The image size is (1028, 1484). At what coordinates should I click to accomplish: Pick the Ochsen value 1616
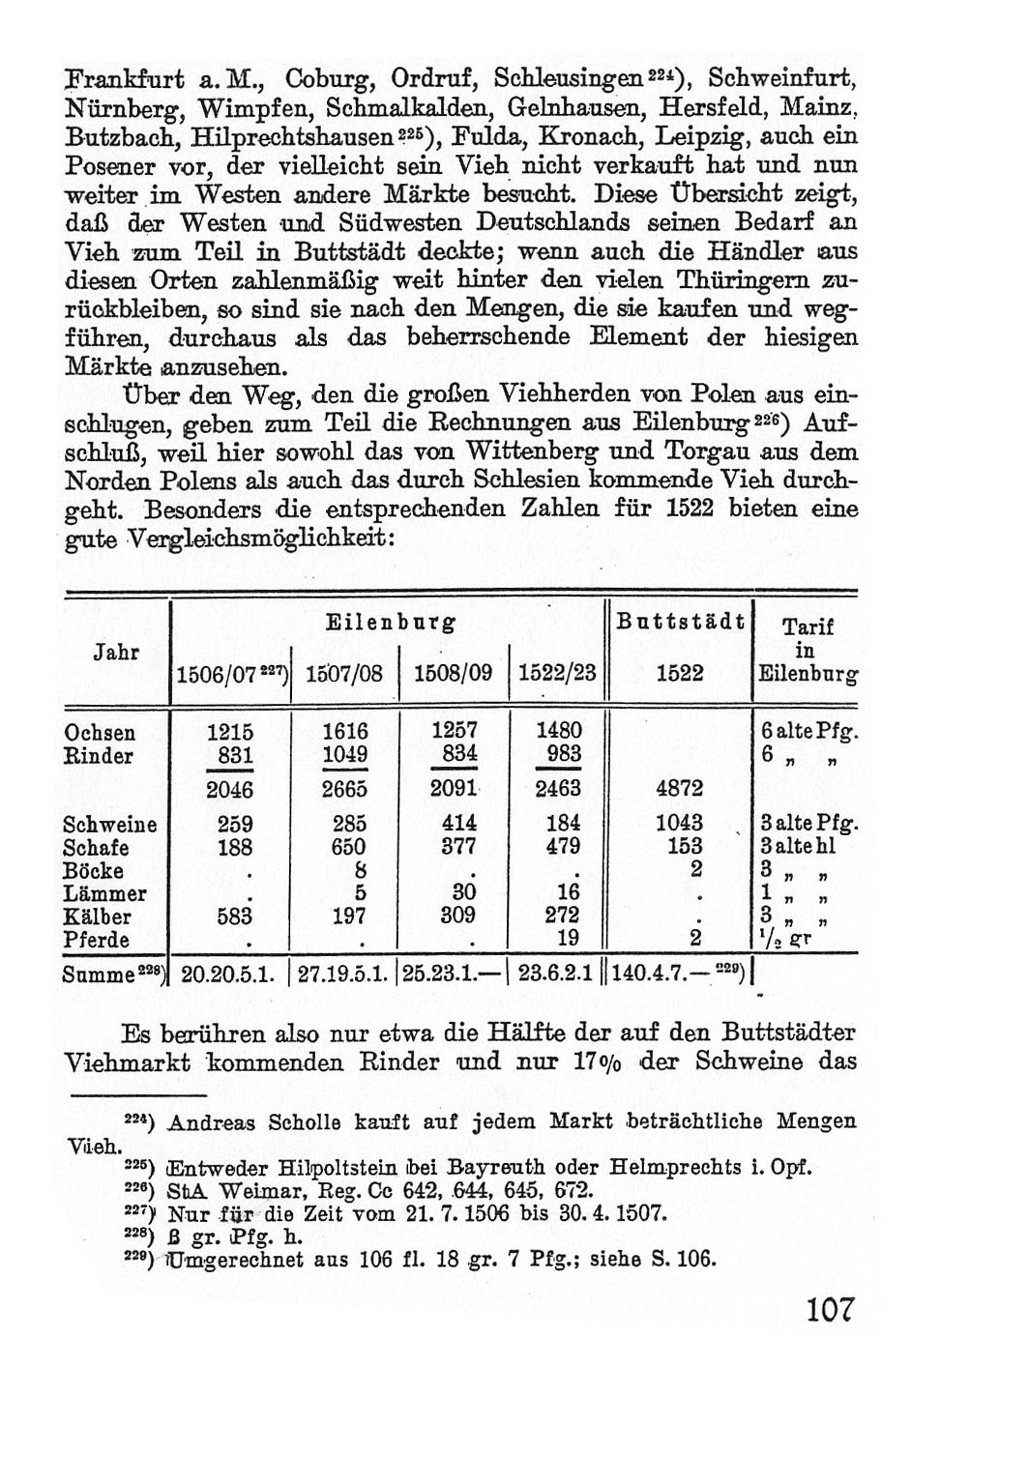(x=344, y=732)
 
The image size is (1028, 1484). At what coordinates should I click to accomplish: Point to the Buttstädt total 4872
(x=679, y=788)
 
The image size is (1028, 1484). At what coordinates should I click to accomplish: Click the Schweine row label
(x=109, y=824)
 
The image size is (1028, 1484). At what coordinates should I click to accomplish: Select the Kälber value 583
(x=229, y=916)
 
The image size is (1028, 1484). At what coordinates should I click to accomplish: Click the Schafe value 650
(x=344, y=847)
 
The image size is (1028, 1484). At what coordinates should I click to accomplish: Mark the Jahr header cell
(x=115, y=652)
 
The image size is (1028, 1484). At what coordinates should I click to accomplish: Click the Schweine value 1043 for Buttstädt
(x=679, y=824)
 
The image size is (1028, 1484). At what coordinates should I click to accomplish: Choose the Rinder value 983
(x=563, y=755)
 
